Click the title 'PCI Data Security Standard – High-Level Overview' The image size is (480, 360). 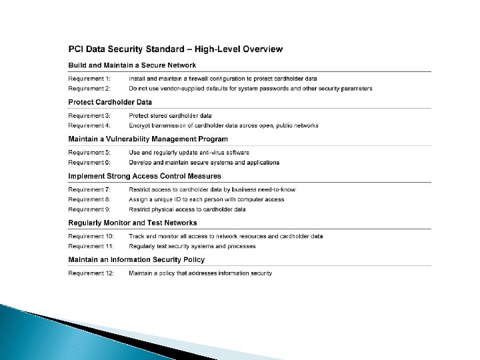click(175, 49)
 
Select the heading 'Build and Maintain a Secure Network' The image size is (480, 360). click(132, 65)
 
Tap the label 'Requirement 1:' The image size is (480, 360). click(90, 79)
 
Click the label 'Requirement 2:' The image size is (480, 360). click(90, 88)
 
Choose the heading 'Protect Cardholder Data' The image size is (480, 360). click(110, 102)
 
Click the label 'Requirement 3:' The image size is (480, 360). click(90, 116)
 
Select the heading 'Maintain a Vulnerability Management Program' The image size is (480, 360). click(148, 139)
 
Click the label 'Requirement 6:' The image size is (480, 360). click(90, 162)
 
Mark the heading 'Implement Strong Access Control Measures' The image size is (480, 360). click(145, 176)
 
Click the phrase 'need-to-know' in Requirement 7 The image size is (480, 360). click(276, 190)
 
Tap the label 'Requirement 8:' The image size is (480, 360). click(90, 199)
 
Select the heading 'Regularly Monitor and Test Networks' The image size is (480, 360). click(133, 223)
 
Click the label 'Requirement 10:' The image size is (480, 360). click(91, 237)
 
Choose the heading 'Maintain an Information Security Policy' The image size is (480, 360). click(137, 259)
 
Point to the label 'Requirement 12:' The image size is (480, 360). click(91, 273)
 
